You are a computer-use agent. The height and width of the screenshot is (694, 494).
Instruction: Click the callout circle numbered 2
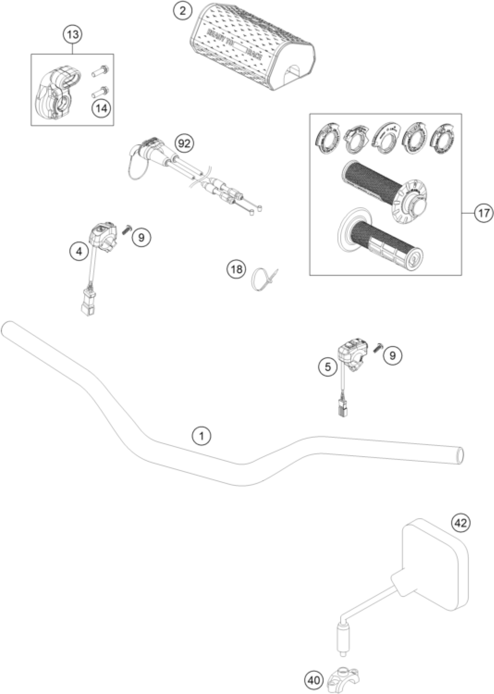(182, 11)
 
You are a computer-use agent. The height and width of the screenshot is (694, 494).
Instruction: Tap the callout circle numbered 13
(73, 34)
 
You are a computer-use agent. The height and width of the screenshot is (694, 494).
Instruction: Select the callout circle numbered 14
(102, 108)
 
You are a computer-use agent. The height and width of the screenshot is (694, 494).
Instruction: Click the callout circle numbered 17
(484, 213)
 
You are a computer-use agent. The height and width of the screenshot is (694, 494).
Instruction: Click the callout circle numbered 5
(327, 367)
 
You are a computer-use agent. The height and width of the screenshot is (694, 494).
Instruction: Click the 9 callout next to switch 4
(141, 238)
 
